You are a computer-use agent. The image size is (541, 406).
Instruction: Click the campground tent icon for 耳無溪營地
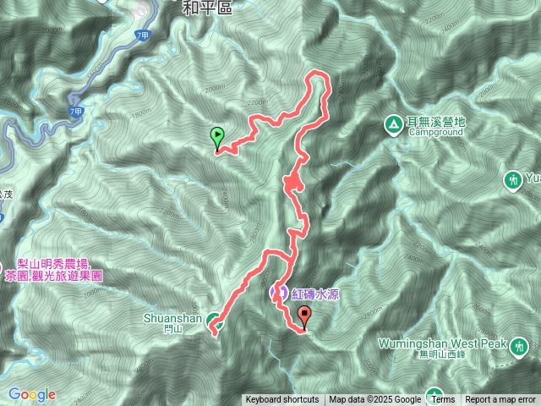pyautogui.click(x=393, y=123)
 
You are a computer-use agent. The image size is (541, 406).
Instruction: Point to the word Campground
pyautogui.click(x=435, y=133)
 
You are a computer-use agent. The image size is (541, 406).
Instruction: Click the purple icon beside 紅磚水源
pyautogui.click(x=277, y=293)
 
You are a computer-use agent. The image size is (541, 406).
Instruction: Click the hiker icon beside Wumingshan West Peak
pyautogui.click(x=518, y=345)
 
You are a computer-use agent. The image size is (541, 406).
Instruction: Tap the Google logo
pyautogui.click(x=32, y=394)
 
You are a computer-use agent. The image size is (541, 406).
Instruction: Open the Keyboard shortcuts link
pyautogui.click(x=282, y=400)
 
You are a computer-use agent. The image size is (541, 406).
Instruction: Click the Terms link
pyautogui.click(x=442, y=400)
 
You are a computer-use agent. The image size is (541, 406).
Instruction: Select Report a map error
pyautogui.click(x=500, y=400)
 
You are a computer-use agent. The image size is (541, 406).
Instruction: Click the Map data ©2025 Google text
pyautogui.click(x=375, y=400)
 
